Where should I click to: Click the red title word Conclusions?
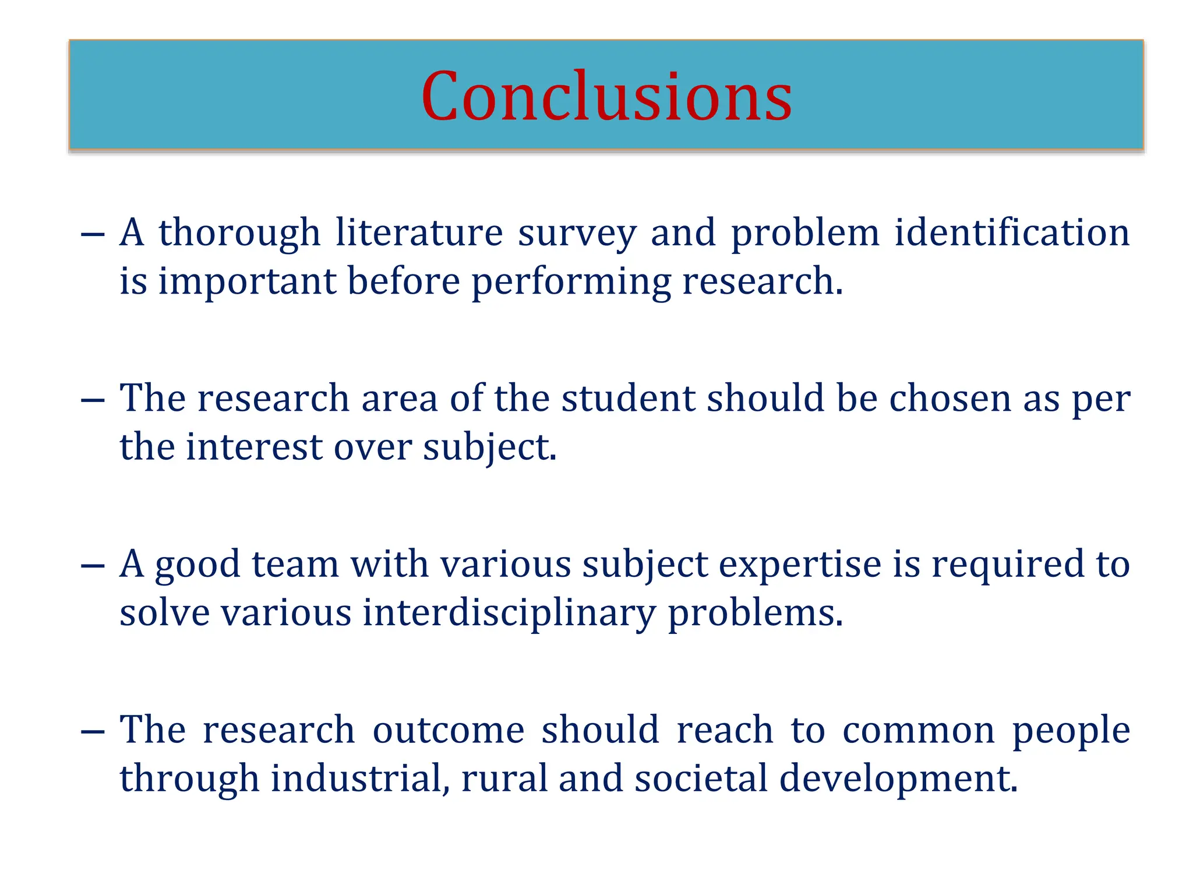[606, 96]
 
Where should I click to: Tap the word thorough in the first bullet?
[239, 233]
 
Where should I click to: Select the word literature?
[419, 233]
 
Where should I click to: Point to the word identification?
[1012, 233]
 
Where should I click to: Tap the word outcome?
[448, 730]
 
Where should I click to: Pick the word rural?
[504, 779]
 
